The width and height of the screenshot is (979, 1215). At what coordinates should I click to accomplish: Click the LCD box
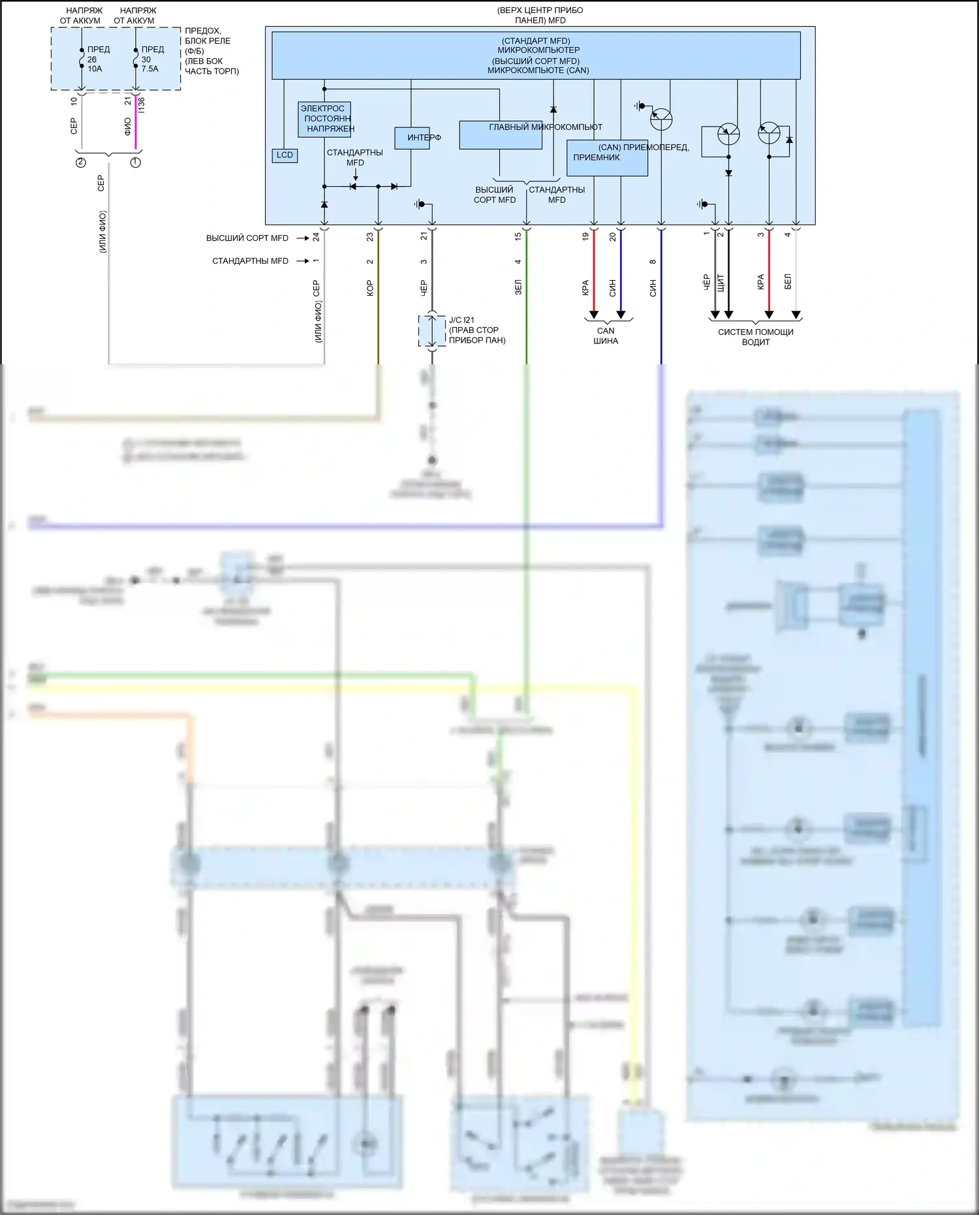(x=285, y=155)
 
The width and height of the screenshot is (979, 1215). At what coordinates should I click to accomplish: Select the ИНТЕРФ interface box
(x=412, y=138)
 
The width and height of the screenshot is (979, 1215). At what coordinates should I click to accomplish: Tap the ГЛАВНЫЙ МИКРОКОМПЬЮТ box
(x=501, y=135)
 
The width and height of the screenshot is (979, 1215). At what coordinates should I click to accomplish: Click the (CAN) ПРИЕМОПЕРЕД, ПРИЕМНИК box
(x=607, y=158)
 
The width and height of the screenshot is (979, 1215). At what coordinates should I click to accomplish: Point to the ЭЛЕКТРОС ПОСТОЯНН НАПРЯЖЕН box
(x=324, y=119)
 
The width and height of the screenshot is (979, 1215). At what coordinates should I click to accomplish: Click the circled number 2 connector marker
(x=81, y=163)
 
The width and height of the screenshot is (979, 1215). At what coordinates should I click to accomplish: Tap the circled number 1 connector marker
(x=136, y=163)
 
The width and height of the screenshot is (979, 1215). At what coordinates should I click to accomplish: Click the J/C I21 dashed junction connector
(x=431, y=330)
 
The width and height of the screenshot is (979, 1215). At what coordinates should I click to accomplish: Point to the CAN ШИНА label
(x=606, y=336)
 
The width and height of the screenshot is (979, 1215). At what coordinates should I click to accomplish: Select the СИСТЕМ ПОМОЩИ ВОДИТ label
(x=755, y=337)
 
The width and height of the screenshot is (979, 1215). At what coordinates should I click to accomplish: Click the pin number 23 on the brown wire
(x=370, y=236)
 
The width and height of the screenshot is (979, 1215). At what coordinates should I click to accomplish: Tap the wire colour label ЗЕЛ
(x=518, y=287)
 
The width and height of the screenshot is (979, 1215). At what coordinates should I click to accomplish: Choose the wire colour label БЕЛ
(x=787, y=282)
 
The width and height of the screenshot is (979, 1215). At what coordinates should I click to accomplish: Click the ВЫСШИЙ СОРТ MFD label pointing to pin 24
(x=247, y=238)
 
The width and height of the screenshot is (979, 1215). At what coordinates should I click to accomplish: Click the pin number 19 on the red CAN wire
(x=585, y=236)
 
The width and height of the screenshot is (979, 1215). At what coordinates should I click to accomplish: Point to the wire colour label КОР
(x=370, y=288)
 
